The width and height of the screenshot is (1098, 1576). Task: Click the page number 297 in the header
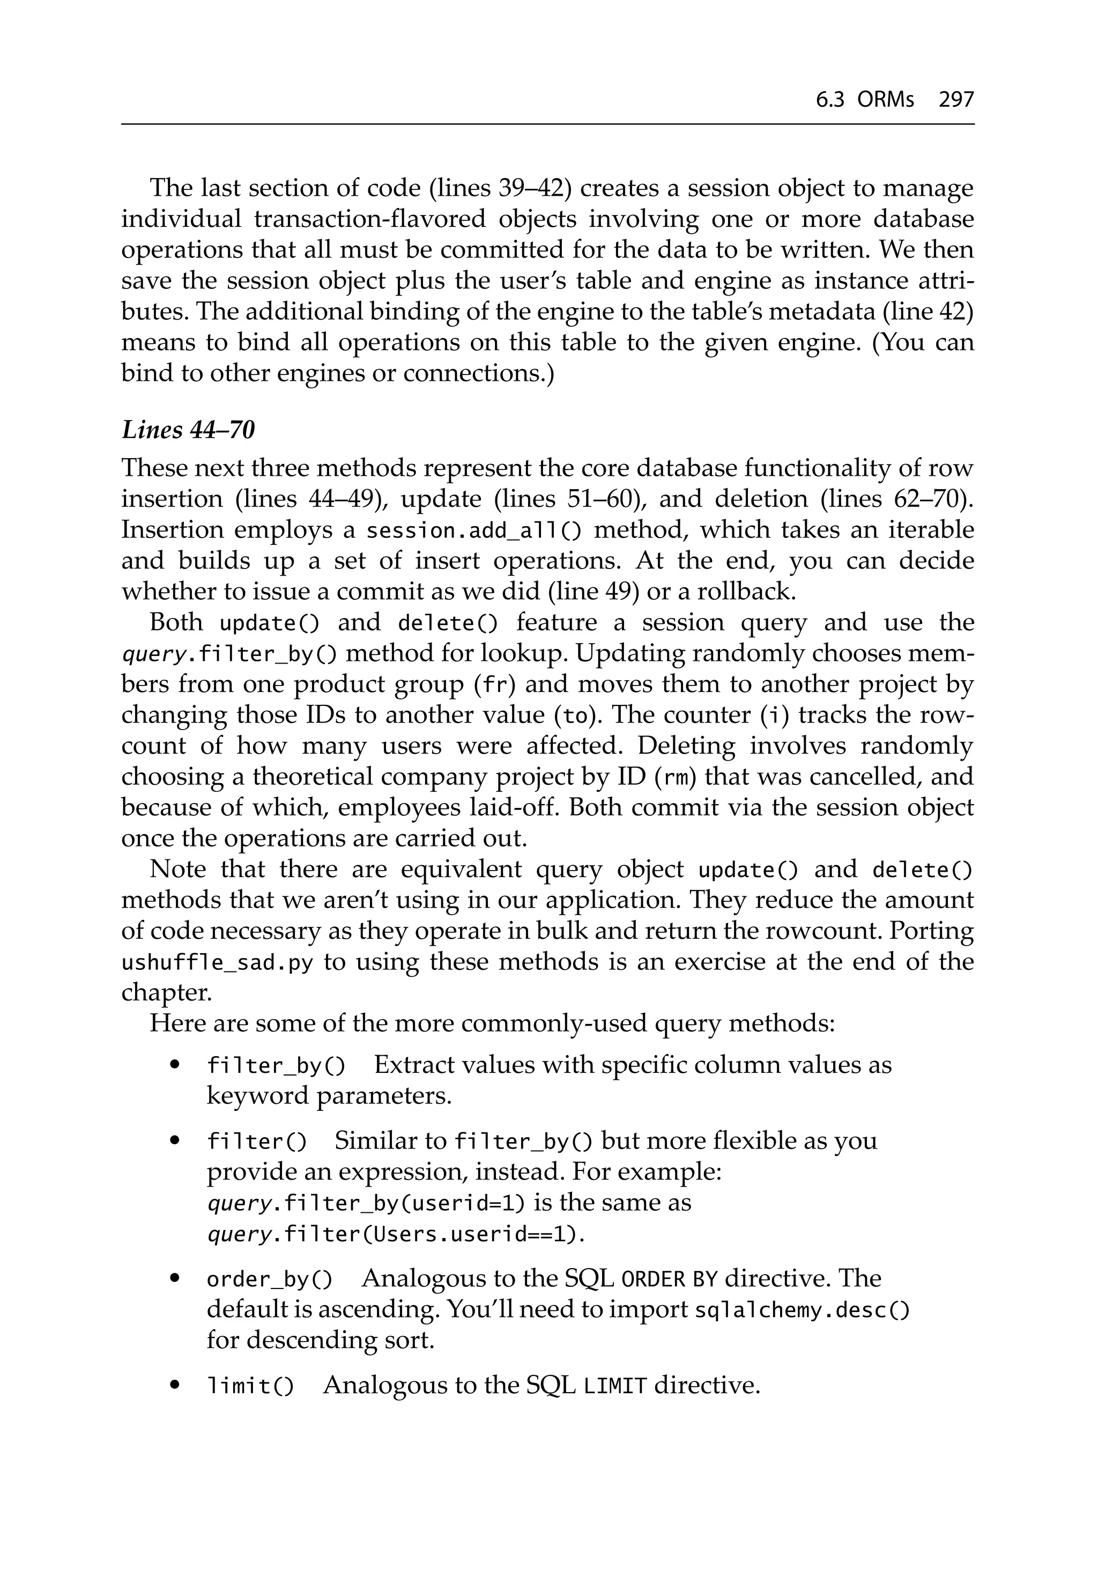pyautogui.click(x=956, y=100)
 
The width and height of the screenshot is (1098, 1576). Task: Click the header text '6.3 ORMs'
pyautogui.click(x=865, y=100)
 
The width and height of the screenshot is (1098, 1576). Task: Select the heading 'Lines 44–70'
pyautogui.click(x=188, y=430)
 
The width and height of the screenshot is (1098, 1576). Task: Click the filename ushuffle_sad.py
pyautogui.click(x=217, y=962)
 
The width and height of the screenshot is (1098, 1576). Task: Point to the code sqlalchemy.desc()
pyautogui.click(x=802, y=1310)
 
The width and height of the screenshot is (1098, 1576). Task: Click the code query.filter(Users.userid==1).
pyautogui.click(x=396, y=1235)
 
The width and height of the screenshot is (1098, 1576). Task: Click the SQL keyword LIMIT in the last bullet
pyautogui.click(x=615, y=1387)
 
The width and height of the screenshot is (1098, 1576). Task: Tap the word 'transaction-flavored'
pyautogui.click(x=369, y=219)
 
